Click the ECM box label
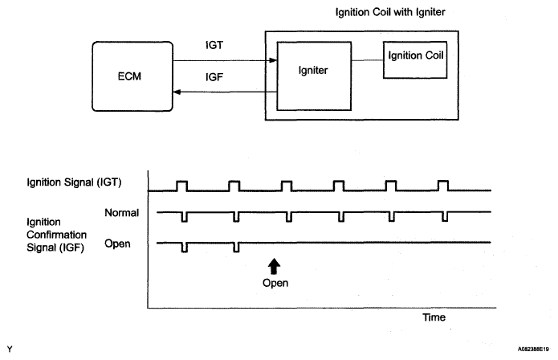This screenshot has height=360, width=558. tap(129, 76)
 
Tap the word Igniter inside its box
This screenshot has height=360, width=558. tap(313, 71)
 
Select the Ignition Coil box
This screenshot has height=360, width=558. tap(415, 59)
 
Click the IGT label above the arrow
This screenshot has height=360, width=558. tap(214, 45)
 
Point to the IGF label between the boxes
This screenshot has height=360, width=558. tap(214, 77)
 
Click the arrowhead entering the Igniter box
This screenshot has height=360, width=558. tap(273, 60)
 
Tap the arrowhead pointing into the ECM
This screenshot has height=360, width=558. tap(177, 92)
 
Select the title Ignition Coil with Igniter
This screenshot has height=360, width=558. tap(390, 12)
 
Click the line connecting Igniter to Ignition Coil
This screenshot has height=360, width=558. tap(367, 60)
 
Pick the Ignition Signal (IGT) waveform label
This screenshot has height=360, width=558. tap(74, 182)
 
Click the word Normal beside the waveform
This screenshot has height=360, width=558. tap(122, 213)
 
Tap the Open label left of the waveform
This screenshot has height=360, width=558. tap(117, 244)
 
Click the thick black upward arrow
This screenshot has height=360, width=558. tap(274, 266)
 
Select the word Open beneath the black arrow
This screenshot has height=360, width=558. tap(275, 283)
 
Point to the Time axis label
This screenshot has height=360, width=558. tap(434, 317)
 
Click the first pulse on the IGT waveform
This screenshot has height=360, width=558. tap(181, 186)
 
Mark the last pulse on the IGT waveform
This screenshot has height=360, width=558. tap(443, 186)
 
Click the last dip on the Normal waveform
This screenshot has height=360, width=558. tap(445, 216)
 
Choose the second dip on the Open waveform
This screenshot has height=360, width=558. tap(236, 247)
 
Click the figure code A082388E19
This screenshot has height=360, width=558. tap(533, 350)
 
